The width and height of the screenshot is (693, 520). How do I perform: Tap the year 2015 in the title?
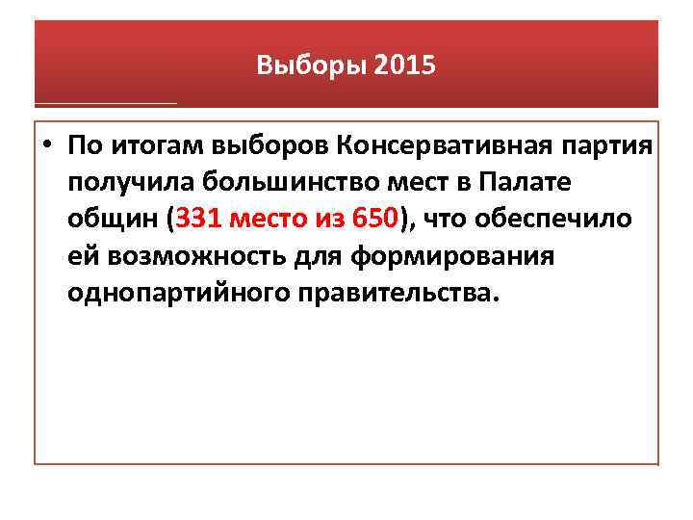pyautogui.click(x=405, y=66)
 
